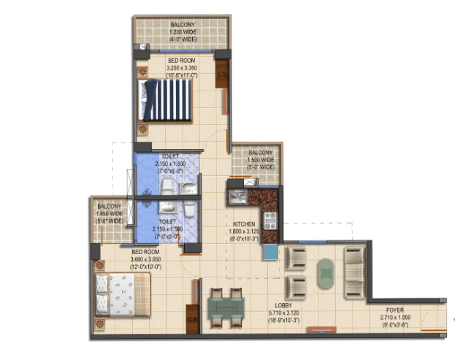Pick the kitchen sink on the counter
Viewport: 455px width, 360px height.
click(237, 195)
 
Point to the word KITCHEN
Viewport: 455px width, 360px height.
click(244, 224)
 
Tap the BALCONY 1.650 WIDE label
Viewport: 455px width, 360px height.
click(109, 213)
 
